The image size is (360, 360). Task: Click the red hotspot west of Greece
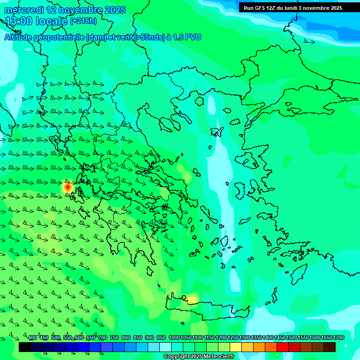pos(67,187)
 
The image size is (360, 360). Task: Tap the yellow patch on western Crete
pos(191,299)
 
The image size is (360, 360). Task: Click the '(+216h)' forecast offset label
pos(83,21)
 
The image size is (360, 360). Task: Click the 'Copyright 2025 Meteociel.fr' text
pos(199,357)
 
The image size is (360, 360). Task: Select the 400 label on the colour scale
pos(32,338)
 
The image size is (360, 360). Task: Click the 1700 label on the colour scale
pos(338,338)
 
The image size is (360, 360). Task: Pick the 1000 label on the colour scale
pos(174,338)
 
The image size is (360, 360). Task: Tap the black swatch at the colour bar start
pos(25,347)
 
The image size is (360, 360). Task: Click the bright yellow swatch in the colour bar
pos(236,347)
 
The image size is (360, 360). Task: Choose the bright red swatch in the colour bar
pos(283,347)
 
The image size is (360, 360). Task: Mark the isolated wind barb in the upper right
pos(309,42)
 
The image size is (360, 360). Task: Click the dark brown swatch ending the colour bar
pos(330,347)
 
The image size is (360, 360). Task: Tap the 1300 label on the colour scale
pos(244,338)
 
